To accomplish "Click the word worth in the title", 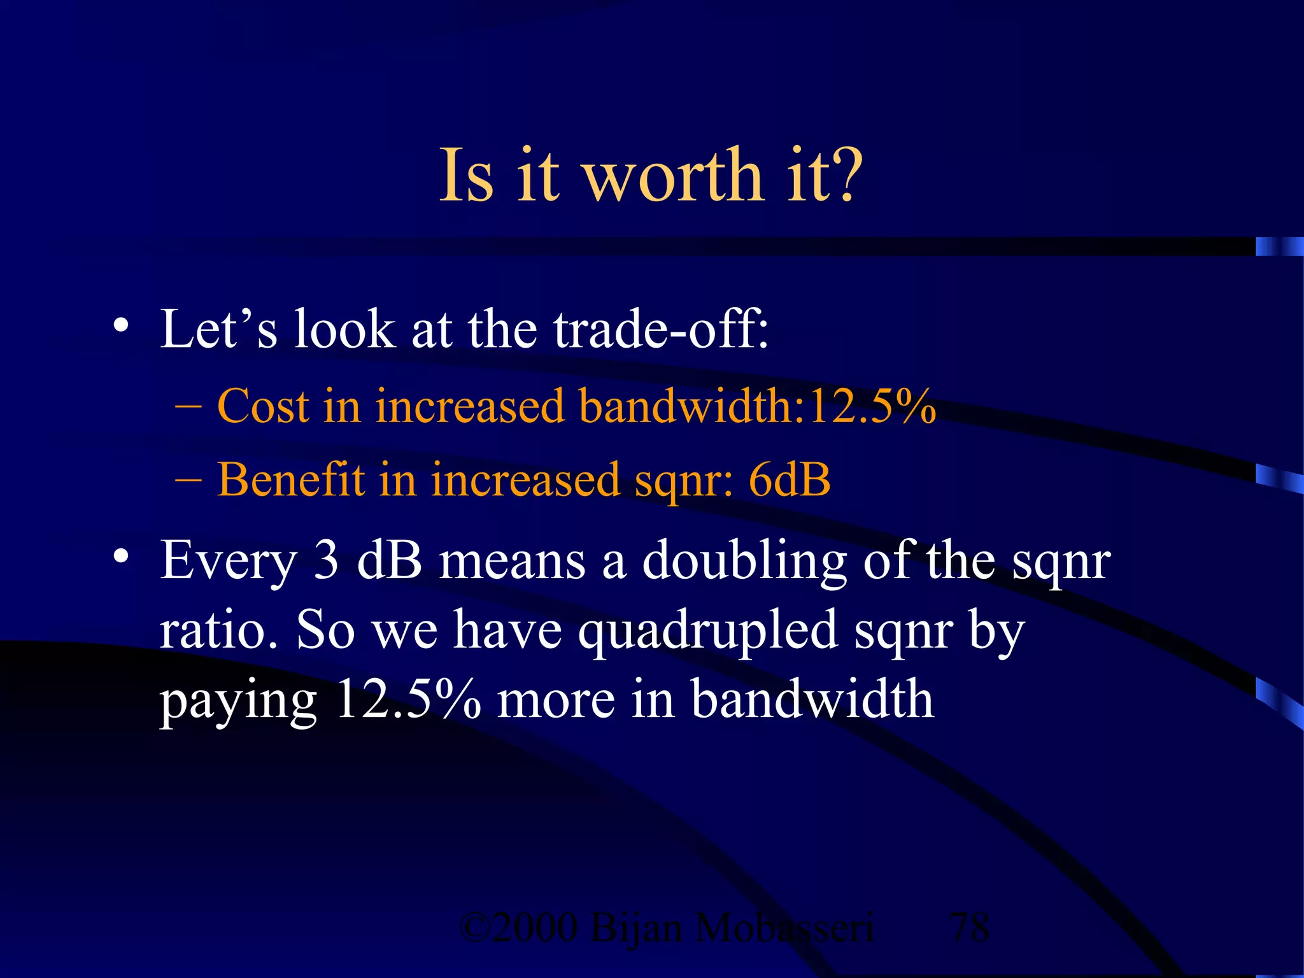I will pos(673,175).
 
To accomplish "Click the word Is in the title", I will pos(467,175).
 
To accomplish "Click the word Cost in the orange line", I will pos(262,406).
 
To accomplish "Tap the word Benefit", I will pos(291,479).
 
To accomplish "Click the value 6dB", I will pos(790,479).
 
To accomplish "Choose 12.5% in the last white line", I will pos(408,699).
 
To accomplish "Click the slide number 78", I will pos(969,928).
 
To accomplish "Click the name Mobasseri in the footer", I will pos(784,928).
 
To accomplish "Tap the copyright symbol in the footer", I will pos(474,928).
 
